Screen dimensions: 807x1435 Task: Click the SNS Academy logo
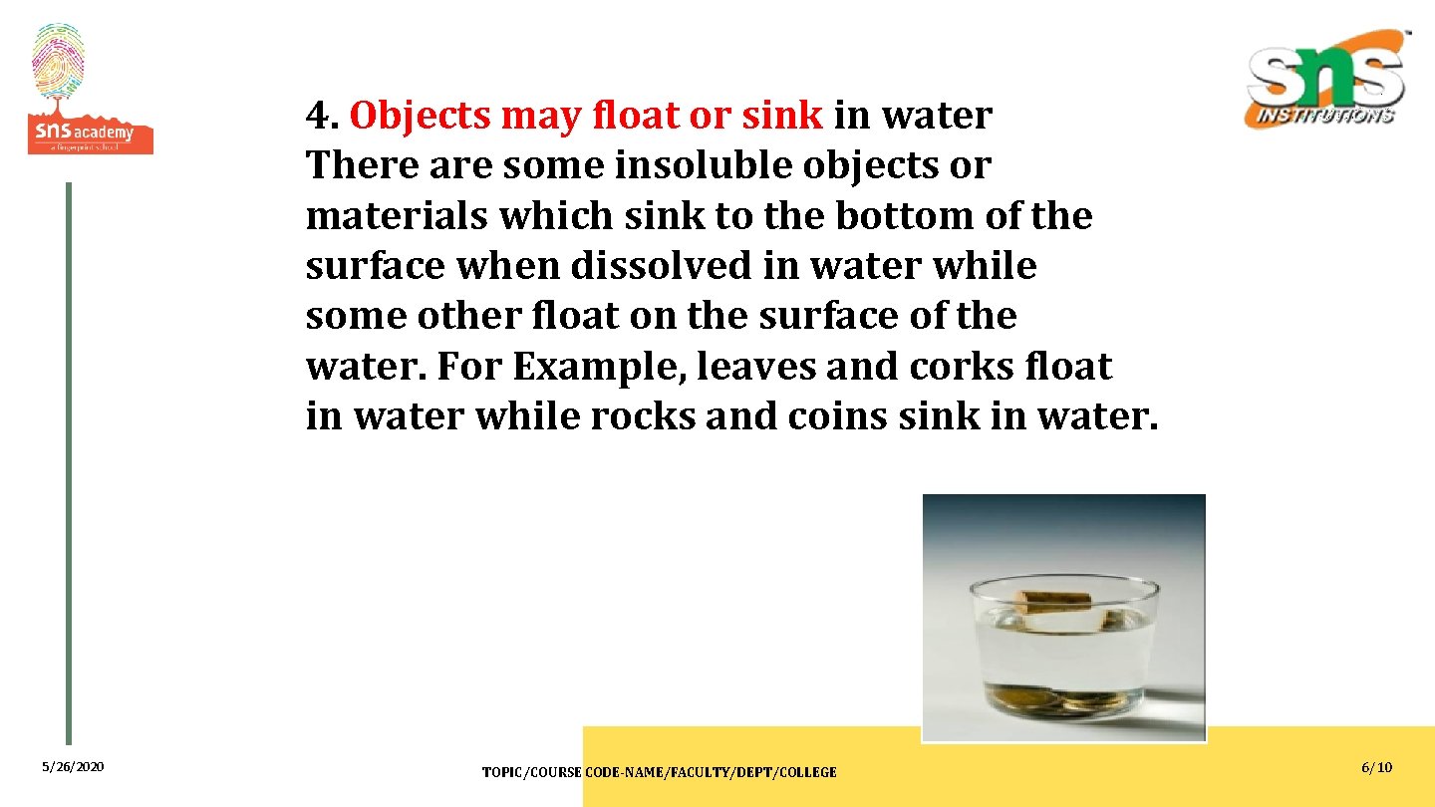pos(90,90)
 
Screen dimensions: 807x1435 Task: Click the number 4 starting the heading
pos(318,117)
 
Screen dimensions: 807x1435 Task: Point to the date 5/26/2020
pos(73,767)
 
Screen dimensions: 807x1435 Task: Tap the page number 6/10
pos(1376,767)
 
